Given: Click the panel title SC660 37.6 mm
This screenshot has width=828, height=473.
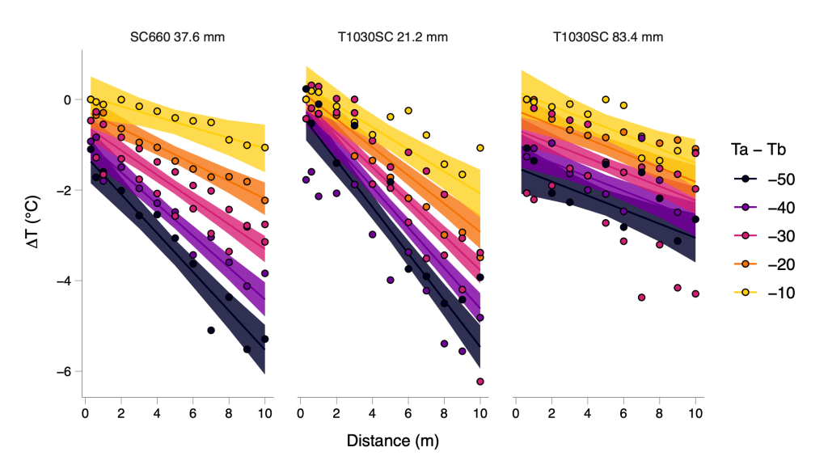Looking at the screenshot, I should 177,37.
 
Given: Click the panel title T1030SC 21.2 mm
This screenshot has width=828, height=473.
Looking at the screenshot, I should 392,37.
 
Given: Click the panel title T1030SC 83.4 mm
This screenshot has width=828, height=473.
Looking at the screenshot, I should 608,37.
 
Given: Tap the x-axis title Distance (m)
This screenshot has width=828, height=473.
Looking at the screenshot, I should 393,441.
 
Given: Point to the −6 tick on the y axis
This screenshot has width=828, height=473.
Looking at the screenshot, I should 66,371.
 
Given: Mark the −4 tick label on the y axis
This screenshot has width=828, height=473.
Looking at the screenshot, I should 66,281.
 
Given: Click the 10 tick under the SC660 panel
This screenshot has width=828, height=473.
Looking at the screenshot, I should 264,412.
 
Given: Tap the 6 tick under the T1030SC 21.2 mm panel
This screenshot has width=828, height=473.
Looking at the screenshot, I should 408,412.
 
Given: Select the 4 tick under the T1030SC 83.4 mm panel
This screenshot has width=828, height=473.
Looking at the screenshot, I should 588,412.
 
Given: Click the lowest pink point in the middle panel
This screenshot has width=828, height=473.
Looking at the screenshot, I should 480,381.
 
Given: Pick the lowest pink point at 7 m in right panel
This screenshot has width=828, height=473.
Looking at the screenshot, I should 641,298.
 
